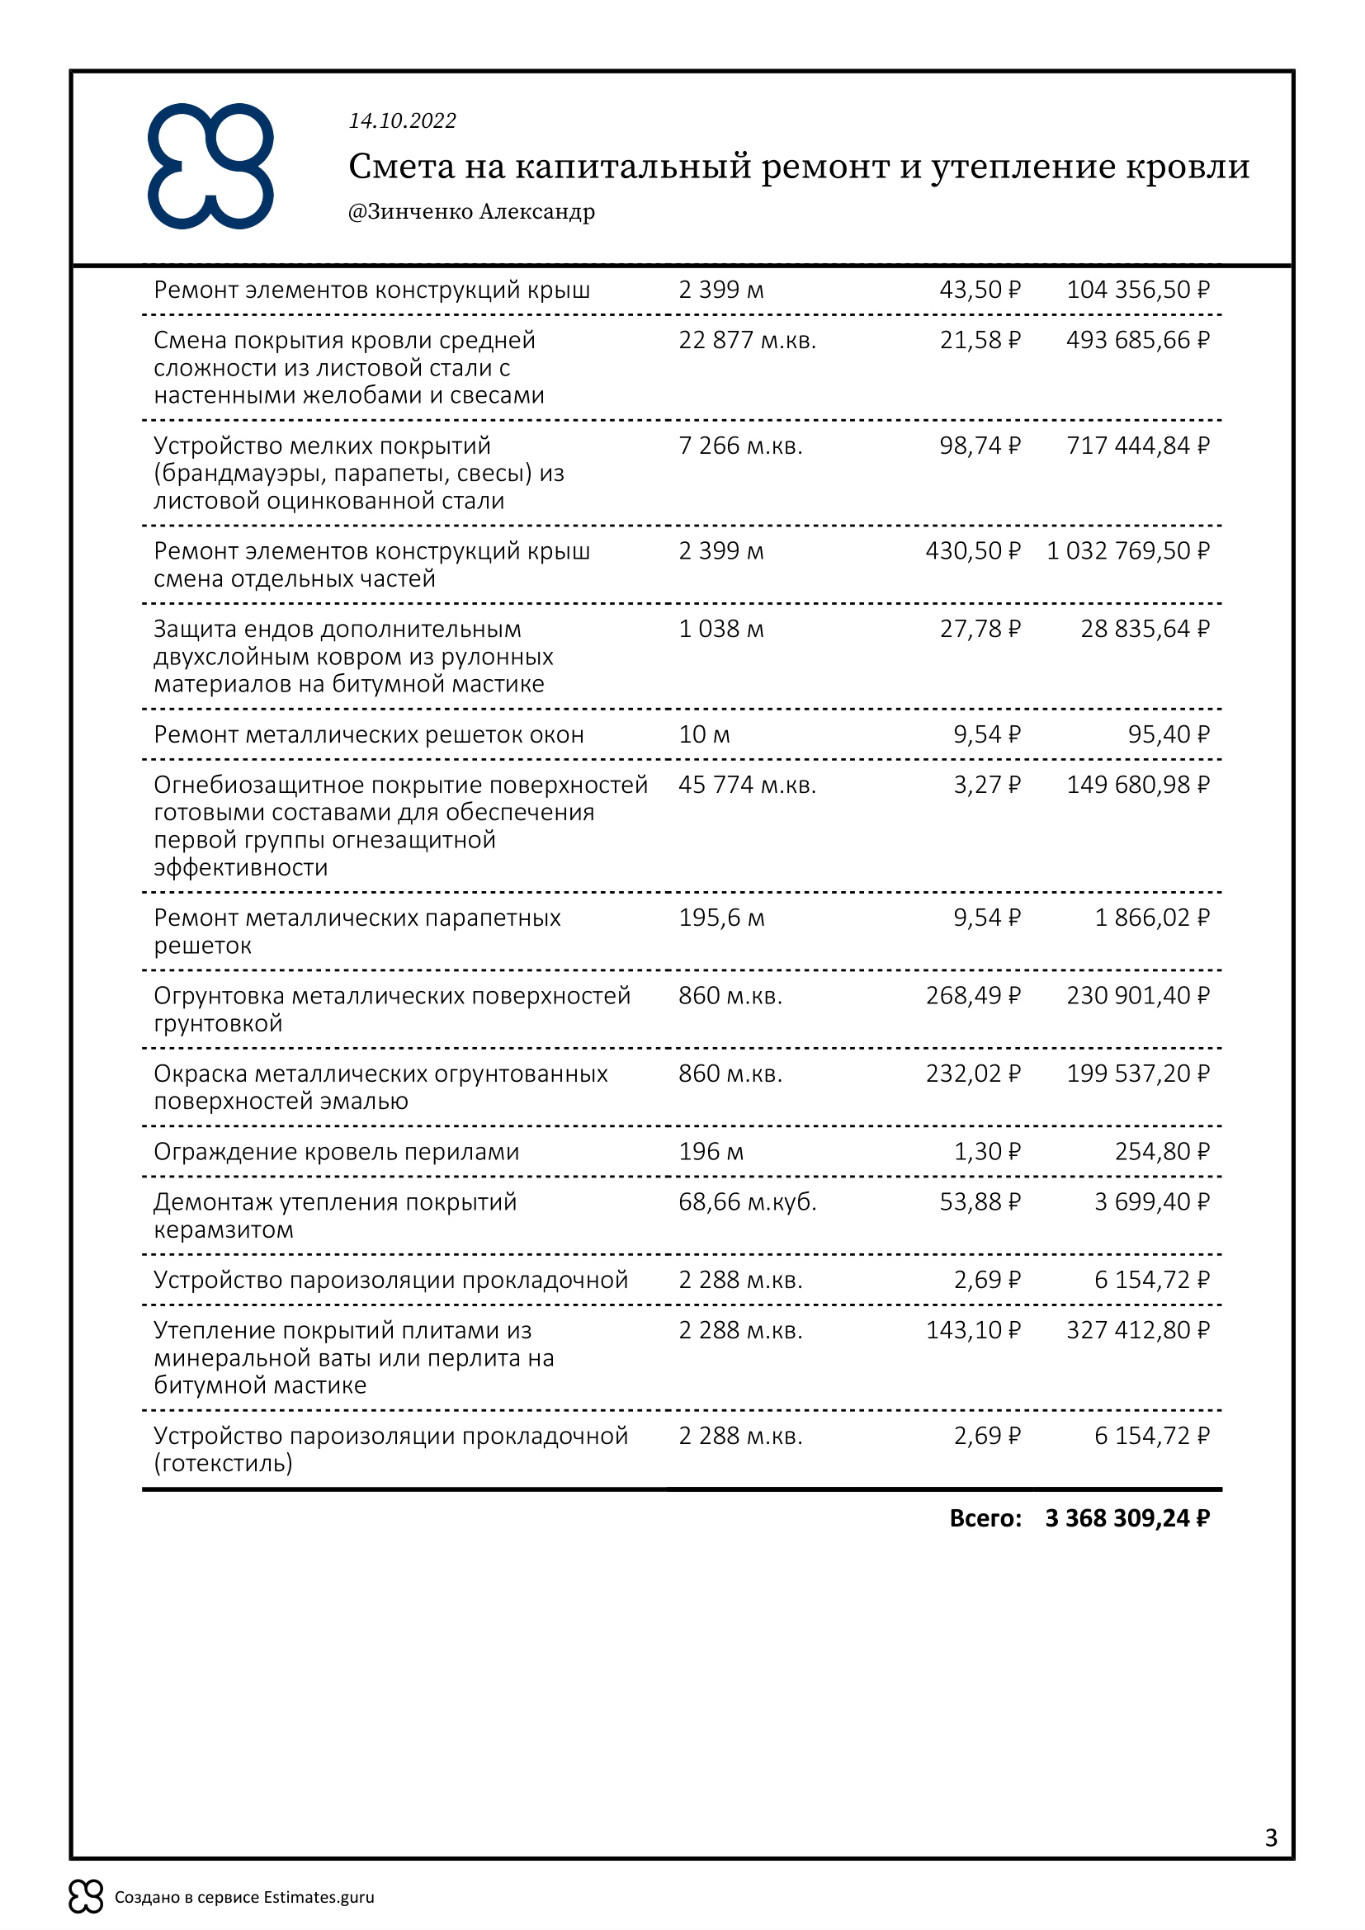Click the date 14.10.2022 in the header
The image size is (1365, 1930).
click(x=402, y=121)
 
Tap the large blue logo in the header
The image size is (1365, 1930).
click(x=211, y=167)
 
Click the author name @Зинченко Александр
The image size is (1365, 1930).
click(x=471, y=211)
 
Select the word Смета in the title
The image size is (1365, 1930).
click(x=401, y=167)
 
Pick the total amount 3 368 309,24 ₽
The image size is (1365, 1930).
click(x=1127, y=1518)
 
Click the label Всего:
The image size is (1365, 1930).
click(x=985, y=1518)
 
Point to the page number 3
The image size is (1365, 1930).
click(x=1271, y=1838)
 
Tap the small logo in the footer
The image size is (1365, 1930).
click(x=86, y=1896)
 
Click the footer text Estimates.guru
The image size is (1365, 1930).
click(x=319, y=1897)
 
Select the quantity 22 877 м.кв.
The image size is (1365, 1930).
click(x=747, y=341)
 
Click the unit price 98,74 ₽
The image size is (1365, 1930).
click(x=980, y=446)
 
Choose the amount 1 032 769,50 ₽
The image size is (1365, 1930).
click(x=1127, y=551)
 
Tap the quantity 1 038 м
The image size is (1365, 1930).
click(x=721, y=629)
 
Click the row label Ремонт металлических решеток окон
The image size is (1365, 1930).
click(x=368, y=734)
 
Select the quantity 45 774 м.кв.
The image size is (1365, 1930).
click(x=747, y=785)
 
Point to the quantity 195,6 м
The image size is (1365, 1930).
click(x=721, y=918)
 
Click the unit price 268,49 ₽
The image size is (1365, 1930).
click(x=972, y=996)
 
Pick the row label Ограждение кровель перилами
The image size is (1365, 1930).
click(x=336, y=1152)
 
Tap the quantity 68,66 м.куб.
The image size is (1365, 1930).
click(x=747, y=1202)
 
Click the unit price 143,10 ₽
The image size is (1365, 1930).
click(x=972, y=1331)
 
